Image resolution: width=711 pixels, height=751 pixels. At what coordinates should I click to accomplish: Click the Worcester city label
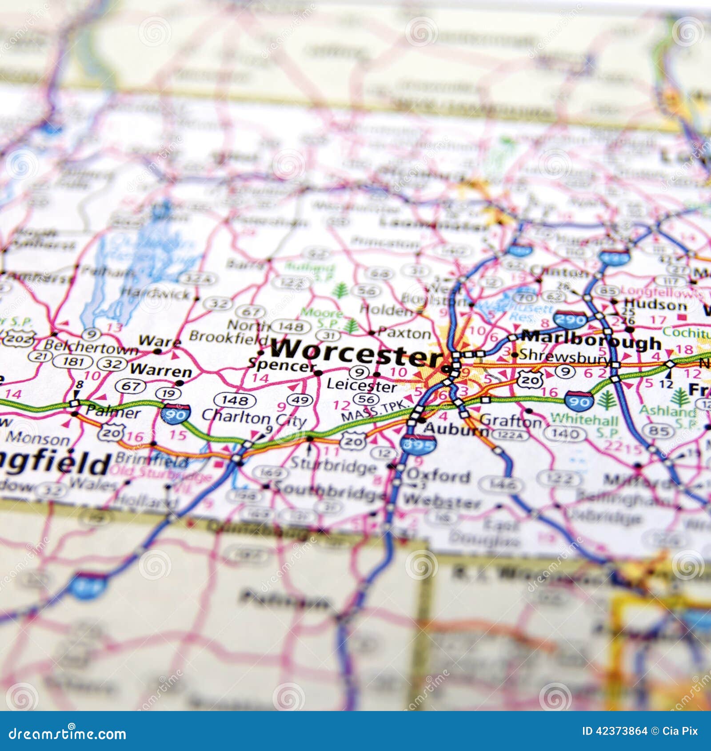[355, 350]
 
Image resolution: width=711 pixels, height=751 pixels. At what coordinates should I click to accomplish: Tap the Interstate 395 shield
[418, 444]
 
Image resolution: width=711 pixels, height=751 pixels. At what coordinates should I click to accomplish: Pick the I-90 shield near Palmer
[176, 414]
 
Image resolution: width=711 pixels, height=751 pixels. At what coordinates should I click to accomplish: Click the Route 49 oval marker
[300, 400]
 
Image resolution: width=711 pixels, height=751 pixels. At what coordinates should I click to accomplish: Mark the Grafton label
[511, 420]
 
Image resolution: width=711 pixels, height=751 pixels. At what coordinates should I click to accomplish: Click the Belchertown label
[91, 347]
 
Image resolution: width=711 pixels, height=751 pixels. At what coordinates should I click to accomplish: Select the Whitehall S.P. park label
[584, 425]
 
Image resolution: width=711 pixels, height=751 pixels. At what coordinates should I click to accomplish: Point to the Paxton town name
[404, 333]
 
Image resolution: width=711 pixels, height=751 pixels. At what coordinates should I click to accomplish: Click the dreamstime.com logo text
[68, 734]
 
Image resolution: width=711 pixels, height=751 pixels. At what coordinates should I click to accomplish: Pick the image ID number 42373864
[615, 731]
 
